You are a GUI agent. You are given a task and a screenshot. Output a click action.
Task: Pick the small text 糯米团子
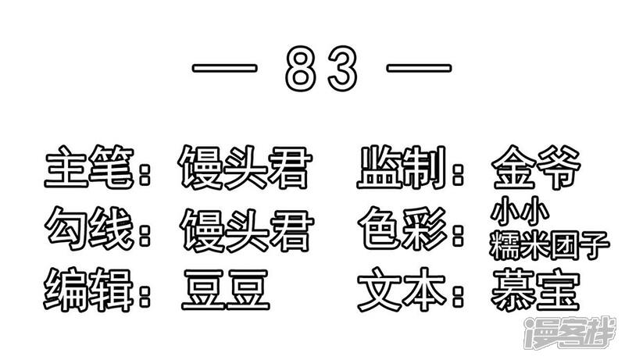(547, 244)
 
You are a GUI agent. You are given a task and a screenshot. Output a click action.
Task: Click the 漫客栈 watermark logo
(573, 333)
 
